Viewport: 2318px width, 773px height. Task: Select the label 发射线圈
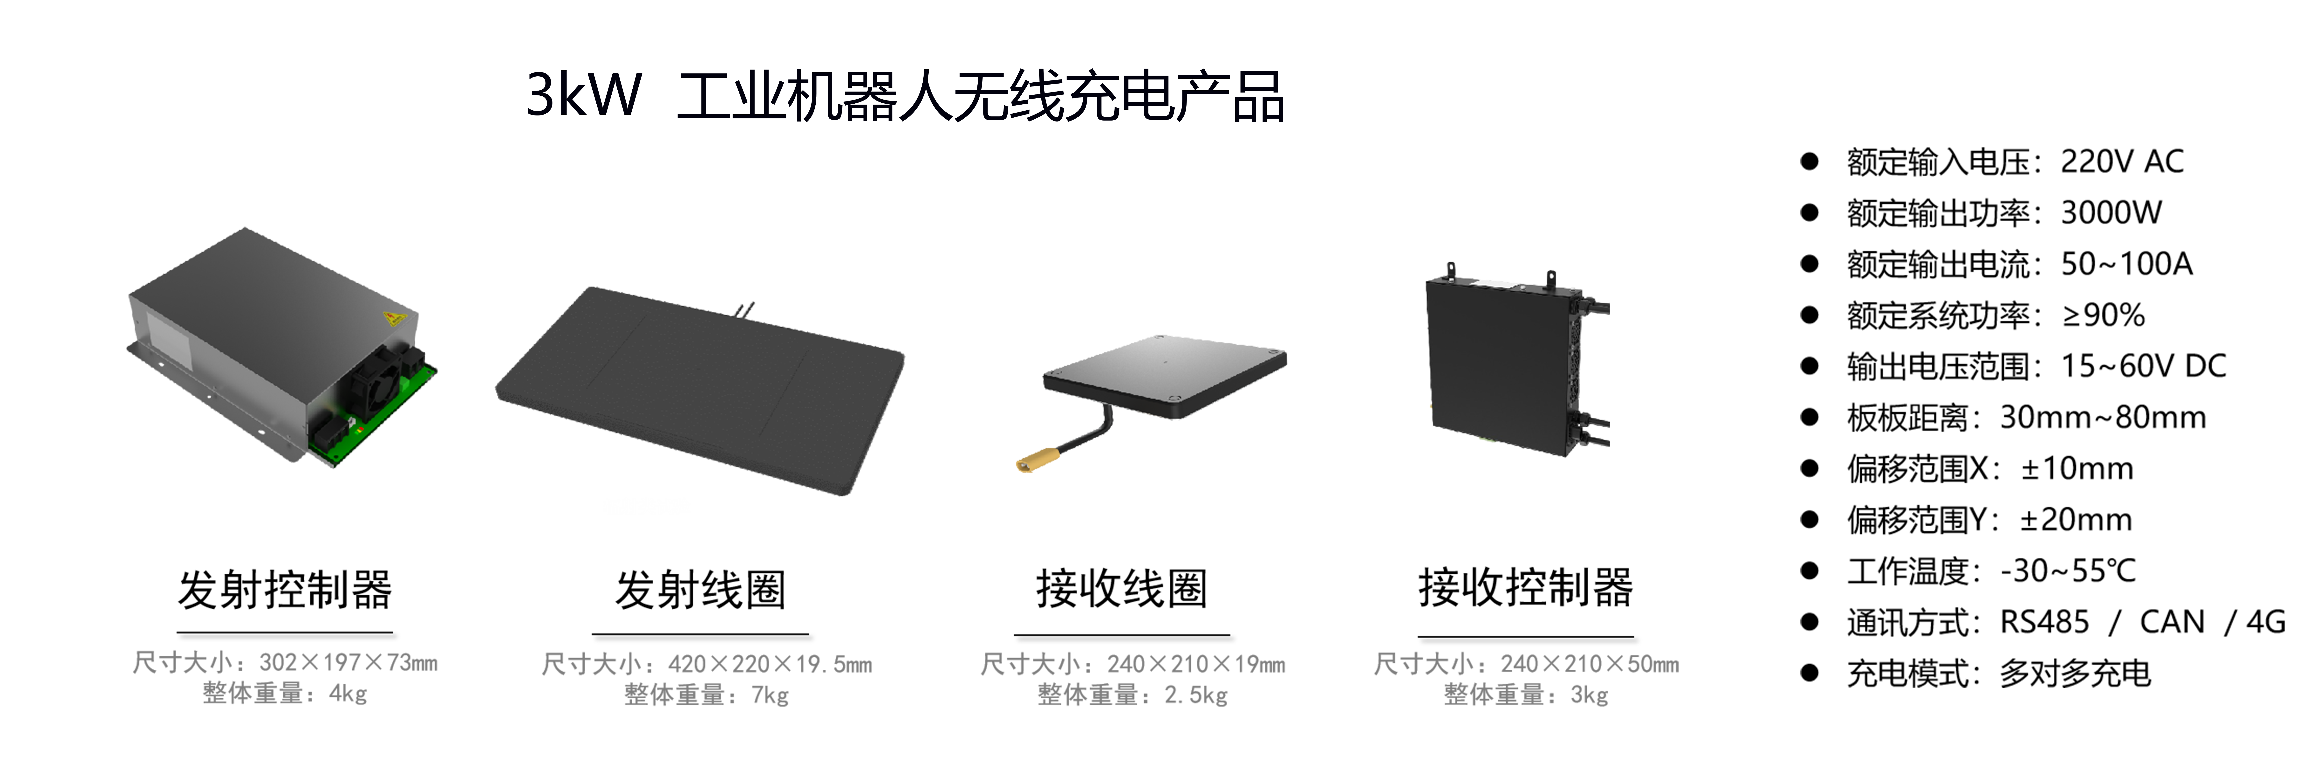700,590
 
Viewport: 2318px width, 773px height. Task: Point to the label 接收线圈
1121,588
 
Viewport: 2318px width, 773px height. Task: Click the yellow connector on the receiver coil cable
1038,462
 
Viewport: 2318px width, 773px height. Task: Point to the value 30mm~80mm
2103,418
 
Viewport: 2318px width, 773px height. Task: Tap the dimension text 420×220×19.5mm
770,664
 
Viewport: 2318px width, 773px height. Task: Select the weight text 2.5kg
1196,695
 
